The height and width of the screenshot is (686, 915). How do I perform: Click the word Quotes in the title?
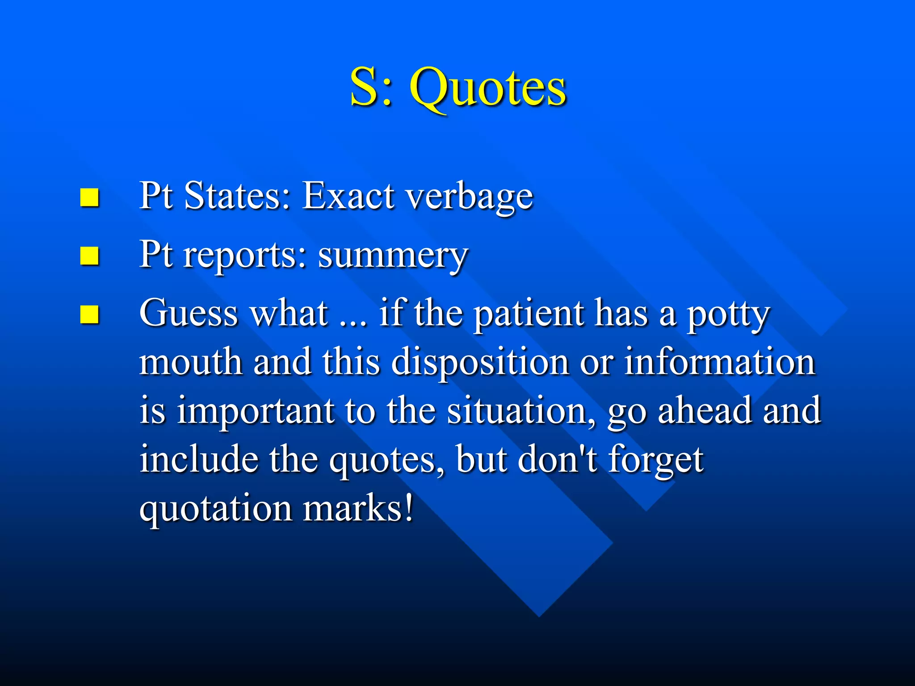point(488,88)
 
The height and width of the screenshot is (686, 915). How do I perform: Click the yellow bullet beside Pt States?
point(89,197)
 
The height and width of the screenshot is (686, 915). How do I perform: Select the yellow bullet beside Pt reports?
point(89,256)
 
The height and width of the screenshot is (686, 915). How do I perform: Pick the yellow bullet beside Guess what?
point(89,314)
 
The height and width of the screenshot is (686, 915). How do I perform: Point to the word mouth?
point(191,362)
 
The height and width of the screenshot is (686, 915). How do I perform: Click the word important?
point(255,411)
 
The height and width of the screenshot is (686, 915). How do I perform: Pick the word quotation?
point(215,509)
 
